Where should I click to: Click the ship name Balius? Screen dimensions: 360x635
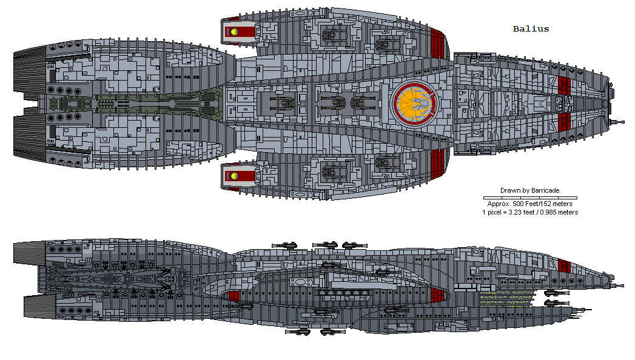[x=531, y=29]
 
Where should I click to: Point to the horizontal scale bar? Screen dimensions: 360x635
[x=530, y=198]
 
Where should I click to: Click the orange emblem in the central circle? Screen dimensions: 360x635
[x=416, y=102]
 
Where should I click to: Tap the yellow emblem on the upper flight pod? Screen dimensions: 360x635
[x=232, y=31]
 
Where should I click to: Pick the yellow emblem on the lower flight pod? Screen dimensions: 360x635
[x=232, y=176]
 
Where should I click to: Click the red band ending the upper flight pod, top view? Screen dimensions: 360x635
[x=438, y=45]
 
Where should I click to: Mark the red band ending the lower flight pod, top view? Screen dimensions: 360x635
[x=438, y=159]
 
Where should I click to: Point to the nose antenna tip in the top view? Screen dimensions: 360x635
[x=620, y=121]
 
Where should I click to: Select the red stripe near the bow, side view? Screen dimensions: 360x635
[x=565, y=265]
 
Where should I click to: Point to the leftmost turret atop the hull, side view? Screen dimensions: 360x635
[x=285, y=244]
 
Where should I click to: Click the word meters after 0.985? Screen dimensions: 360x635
[x=565, y=212]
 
